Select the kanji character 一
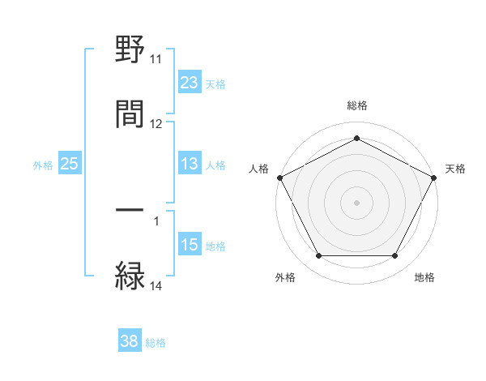(x=130, y=212)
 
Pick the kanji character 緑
(x=130, y=276)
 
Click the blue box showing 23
(x=190, y=82)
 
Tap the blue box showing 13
(x=190, y=164)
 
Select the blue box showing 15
(x=190, y=244)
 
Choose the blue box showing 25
(x=69, y=164)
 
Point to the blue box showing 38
(x=130, y=341)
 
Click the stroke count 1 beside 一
(x=156, y=220)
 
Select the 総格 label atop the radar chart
(x=357, y=105)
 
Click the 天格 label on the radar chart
(x=455, y=169)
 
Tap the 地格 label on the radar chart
(x=424, y=277)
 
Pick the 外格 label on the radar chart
(x=285, y=277)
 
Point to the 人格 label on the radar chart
(x=259, y=169)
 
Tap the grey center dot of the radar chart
(x=356, y=202)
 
